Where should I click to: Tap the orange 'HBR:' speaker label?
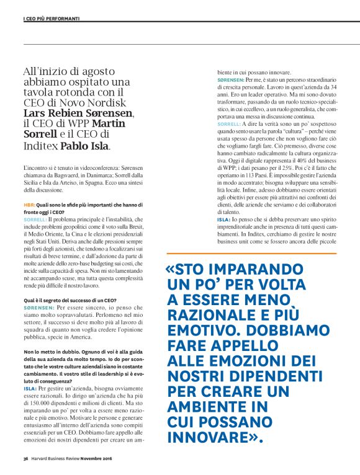coord(29,204)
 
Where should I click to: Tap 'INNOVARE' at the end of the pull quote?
coord(208,438)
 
